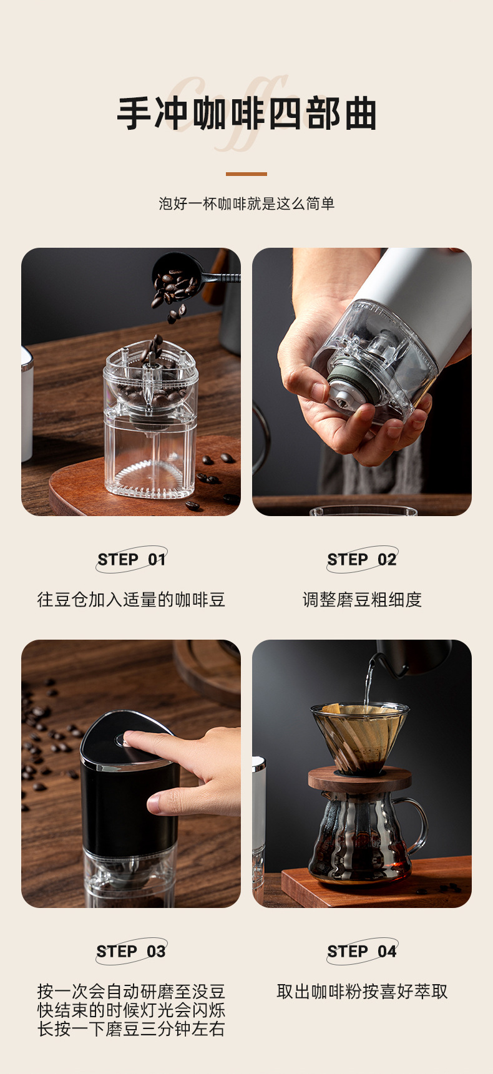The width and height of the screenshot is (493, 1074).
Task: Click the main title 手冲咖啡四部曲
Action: click(x=246, y=114)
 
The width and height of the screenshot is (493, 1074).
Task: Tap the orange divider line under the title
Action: click(x=246, y=174)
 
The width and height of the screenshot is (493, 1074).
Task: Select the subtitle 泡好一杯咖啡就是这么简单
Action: click(x=246, y=203)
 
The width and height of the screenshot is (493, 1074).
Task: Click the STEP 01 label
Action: click(x=131, y=559)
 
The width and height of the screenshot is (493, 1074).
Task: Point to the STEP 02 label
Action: click(x=362, y=559)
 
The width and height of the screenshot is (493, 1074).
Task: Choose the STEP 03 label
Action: click(x=131, y=951)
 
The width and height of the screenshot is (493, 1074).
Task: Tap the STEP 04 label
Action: click(x=362, y=951)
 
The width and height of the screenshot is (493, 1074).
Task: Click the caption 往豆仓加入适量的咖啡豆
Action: click(x=131, y=600)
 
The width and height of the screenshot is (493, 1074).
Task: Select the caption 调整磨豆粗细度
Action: click(x=362, y=600)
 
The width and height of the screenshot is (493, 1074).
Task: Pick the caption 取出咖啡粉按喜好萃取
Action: click(x=362, y=992)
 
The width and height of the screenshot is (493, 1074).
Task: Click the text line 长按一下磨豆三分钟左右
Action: click(x=131, y=1029)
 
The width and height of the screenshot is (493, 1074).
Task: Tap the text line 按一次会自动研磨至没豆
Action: click(x=131, y=992)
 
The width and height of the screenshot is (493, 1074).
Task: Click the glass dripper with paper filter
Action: click(x=359, y=736)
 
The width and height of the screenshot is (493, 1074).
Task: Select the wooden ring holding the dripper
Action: click(x=359, y=780)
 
